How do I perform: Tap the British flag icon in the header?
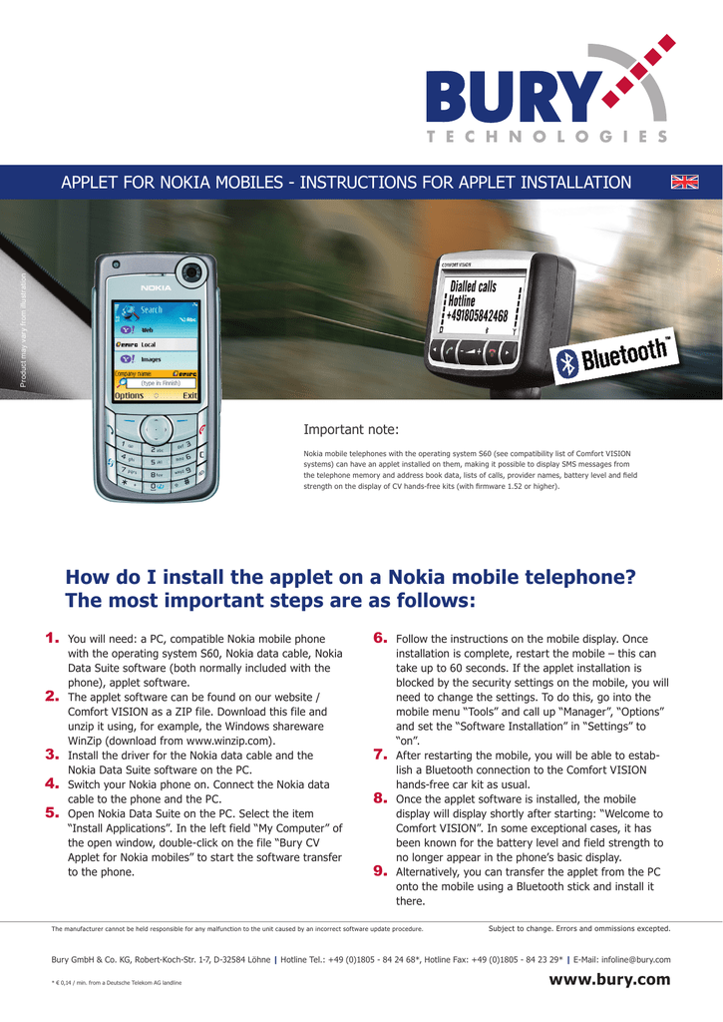(685, 181)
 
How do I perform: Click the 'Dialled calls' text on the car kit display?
(473, 286)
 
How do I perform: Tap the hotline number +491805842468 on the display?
(477, 316)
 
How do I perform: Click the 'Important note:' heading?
(350, 430)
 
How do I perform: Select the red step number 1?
(52, 637)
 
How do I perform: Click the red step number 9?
(380, 870)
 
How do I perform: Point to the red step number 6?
(380, 637)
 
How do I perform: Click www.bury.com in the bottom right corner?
(609, 979)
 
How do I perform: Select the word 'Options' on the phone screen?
(130, 395)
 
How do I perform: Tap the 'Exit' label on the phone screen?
(188, 395)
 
